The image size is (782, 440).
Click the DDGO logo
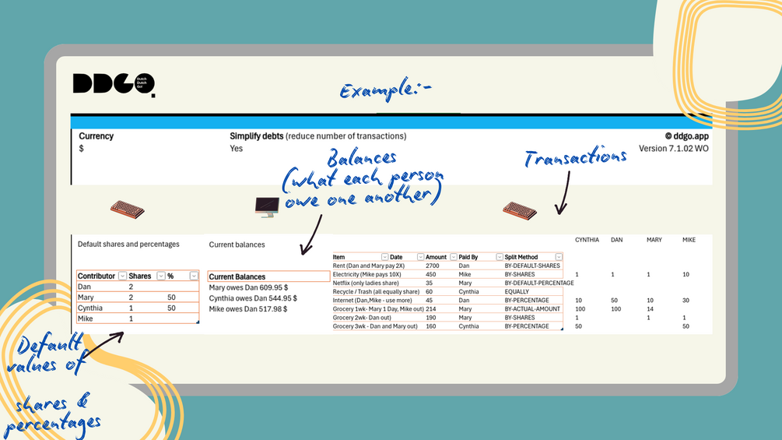pos(114,84)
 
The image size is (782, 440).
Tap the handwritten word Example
pos(384,90)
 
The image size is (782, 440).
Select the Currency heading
pos(96,136)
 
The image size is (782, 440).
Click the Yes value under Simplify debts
pos(237,148)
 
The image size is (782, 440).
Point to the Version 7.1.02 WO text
pos(673,148)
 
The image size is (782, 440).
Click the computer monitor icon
pos(267,207)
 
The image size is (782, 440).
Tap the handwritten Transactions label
pos(575,158)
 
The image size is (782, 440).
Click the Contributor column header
pos(96,276)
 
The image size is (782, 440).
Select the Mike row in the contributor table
pos(85,319)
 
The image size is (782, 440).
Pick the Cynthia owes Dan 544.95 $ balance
pos(254,298)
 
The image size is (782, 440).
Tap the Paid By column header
pos(469,257)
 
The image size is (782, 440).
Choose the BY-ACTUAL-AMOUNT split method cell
pos(532,309)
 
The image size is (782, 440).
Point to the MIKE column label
pos(689,240)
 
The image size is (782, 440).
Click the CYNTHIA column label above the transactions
pos(587,240)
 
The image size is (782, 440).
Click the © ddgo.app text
pos(686,136)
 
